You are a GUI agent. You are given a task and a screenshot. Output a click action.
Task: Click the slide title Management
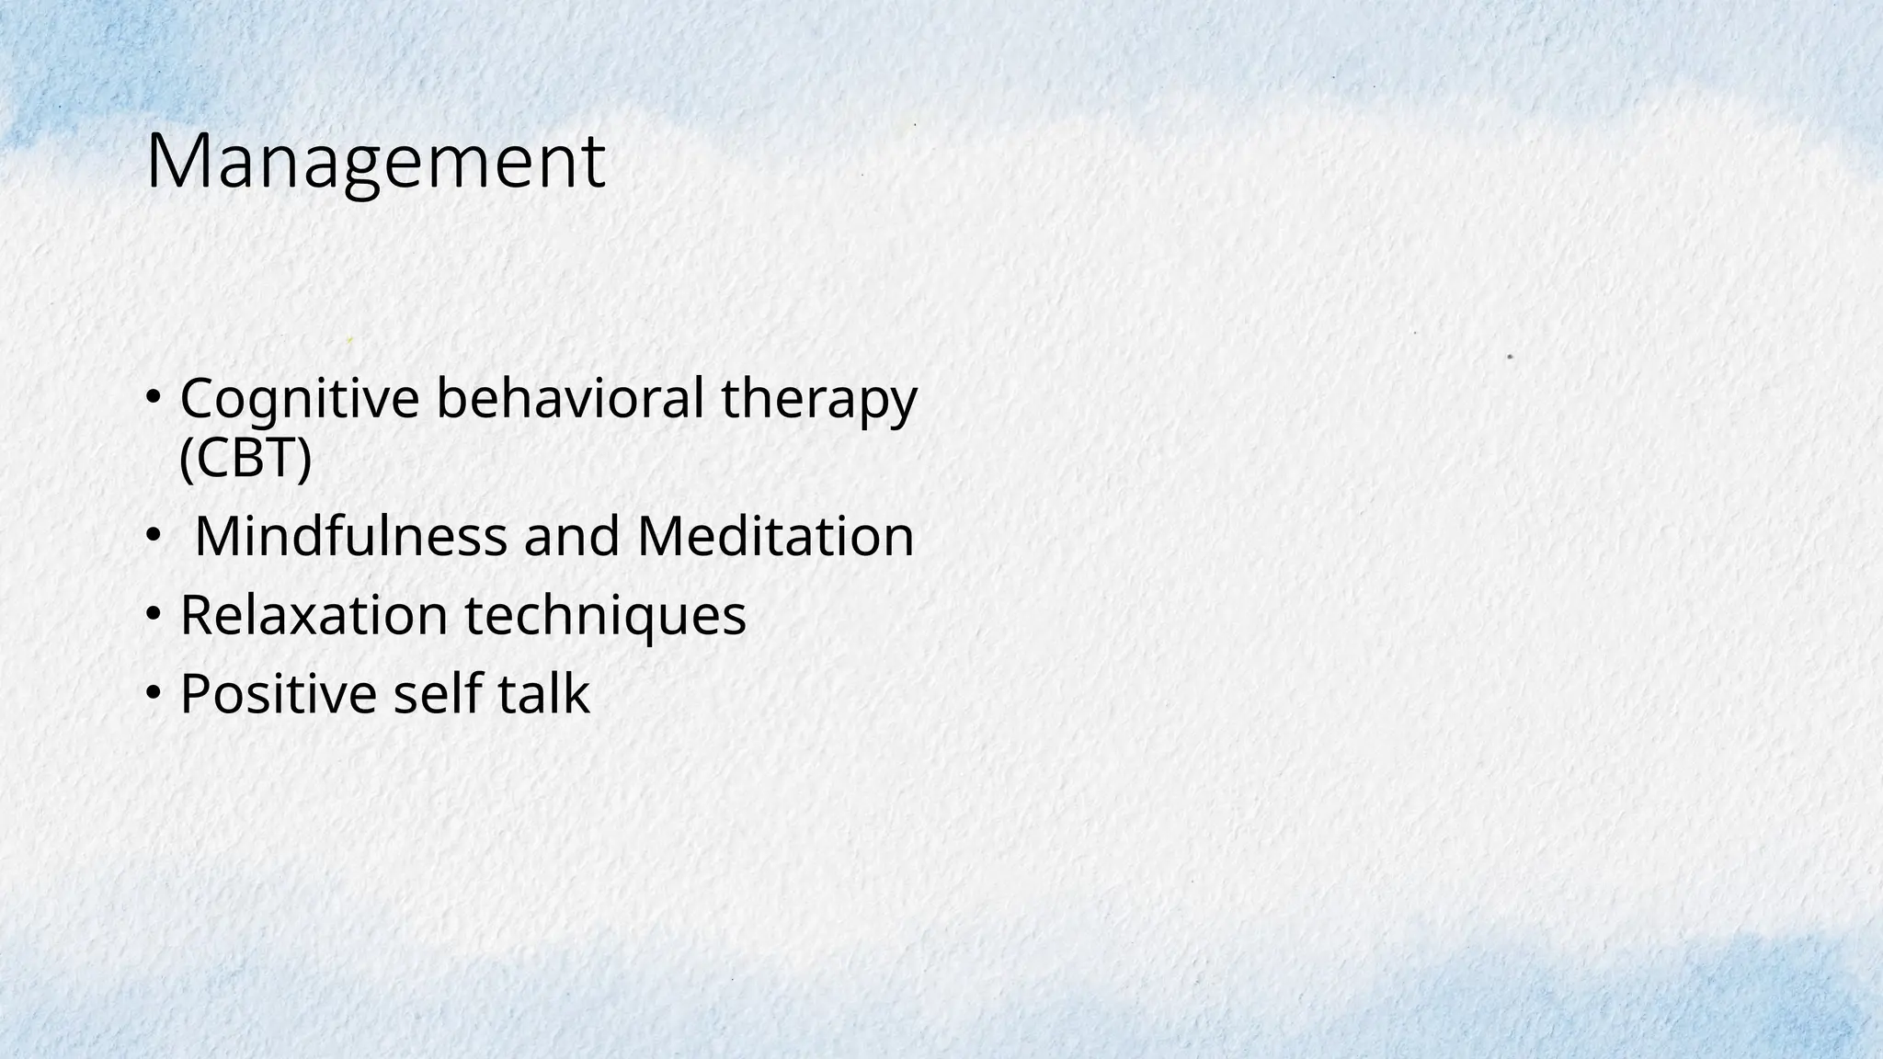[x=375, y=162]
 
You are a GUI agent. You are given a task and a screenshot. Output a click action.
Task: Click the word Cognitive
[x=300, y=400]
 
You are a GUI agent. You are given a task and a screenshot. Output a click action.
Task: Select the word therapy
[x=819, y=400]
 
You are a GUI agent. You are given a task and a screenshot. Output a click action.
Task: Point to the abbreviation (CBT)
[x=245, y=457]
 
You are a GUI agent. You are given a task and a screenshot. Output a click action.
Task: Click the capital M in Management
[x=174, y=162]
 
